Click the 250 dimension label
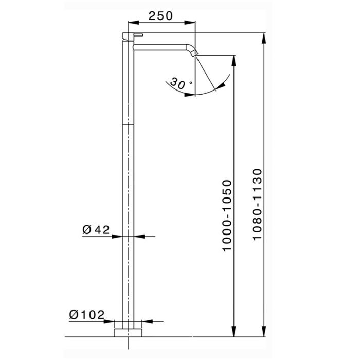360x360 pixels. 160,16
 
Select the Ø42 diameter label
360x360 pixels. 96,229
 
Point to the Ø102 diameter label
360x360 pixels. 87,315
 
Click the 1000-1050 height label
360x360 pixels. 227,216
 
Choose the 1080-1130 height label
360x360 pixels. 257,204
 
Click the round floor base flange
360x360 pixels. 128,333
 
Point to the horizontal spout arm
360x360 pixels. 160,47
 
